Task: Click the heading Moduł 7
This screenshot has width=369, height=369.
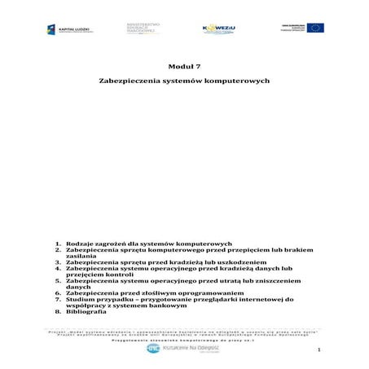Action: pyautogui.click(x=184, y=66)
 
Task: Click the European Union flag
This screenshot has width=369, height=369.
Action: pyautogui.click(x=314, y=28)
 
